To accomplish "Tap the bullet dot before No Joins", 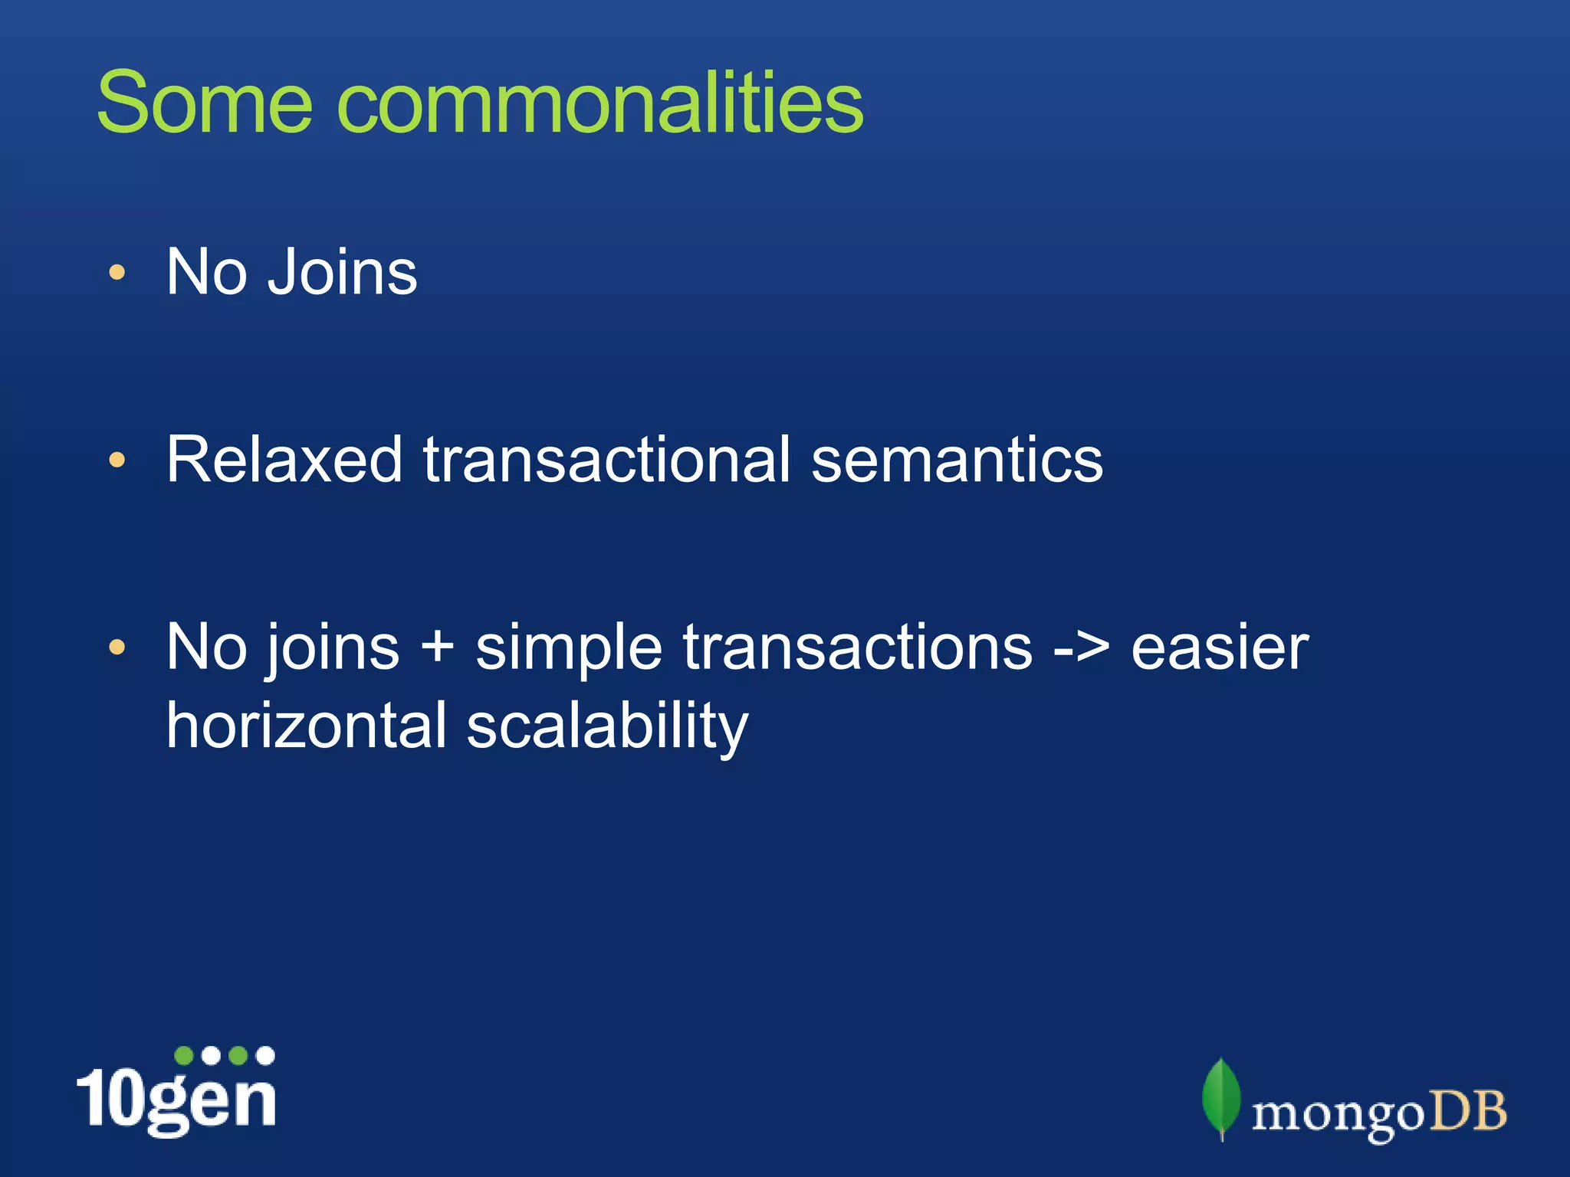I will click(x=117, y=273).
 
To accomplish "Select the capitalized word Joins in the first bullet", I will click(x=342, y=272).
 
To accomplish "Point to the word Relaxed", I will click(x=284, y=460).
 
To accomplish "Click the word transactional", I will click(x=606, y=460).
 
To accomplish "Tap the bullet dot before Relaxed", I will click(x=117, y=460).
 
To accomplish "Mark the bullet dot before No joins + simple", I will click(x=117, y=648).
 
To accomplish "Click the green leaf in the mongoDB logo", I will click(x=1221, y=1097).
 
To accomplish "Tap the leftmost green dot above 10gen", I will click(x=184, y=1056).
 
